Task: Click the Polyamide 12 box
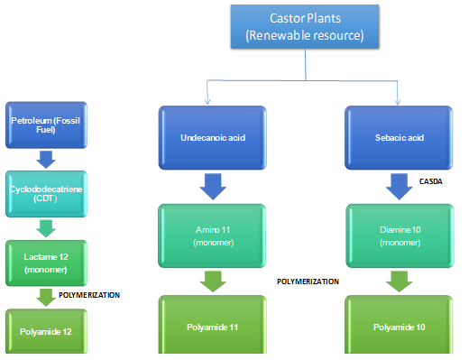click(x=43, y=331)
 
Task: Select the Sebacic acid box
click(x=397, y=140)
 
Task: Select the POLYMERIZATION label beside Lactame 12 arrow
click(x=89, y=294)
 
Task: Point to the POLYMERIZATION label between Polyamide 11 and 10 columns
click(x=308, y=282)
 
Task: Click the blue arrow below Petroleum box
click(x=45, y=159)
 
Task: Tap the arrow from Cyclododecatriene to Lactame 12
click(x=45, y=226)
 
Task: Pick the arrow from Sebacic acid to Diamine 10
click(x=397, y=188)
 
